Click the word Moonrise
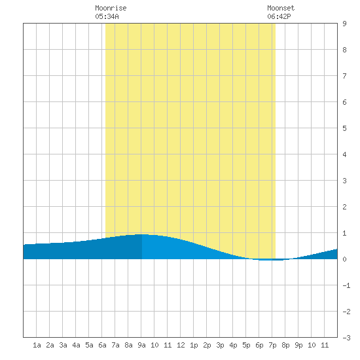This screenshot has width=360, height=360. pos(111,9)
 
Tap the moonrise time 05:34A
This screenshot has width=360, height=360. pos(107,16)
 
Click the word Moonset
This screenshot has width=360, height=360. pos(281,9)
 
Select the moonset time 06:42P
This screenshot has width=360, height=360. pos(279,16)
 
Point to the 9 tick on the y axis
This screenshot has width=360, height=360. pos(344,24)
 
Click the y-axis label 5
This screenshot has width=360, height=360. pos(344,128)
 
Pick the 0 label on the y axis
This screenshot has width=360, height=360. pos(344,259)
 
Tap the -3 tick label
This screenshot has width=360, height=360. pos(346,338)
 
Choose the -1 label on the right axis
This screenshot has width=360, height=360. pos(346,285)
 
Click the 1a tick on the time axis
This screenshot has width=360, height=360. pos(37,345)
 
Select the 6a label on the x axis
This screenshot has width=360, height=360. pos(102,345)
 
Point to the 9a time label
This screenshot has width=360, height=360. pos(141,345)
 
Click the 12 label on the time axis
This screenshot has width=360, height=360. pos(181,345)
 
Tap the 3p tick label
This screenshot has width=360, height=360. pos(220,345)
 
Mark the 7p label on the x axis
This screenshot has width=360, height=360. pos(272,345)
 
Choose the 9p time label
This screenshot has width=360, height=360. pos(298,345)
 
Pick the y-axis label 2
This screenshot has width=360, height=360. pos(344,207)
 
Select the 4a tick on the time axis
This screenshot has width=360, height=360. pos(76,345)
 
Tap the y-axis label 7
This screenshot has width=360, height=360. pos(344,76)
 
